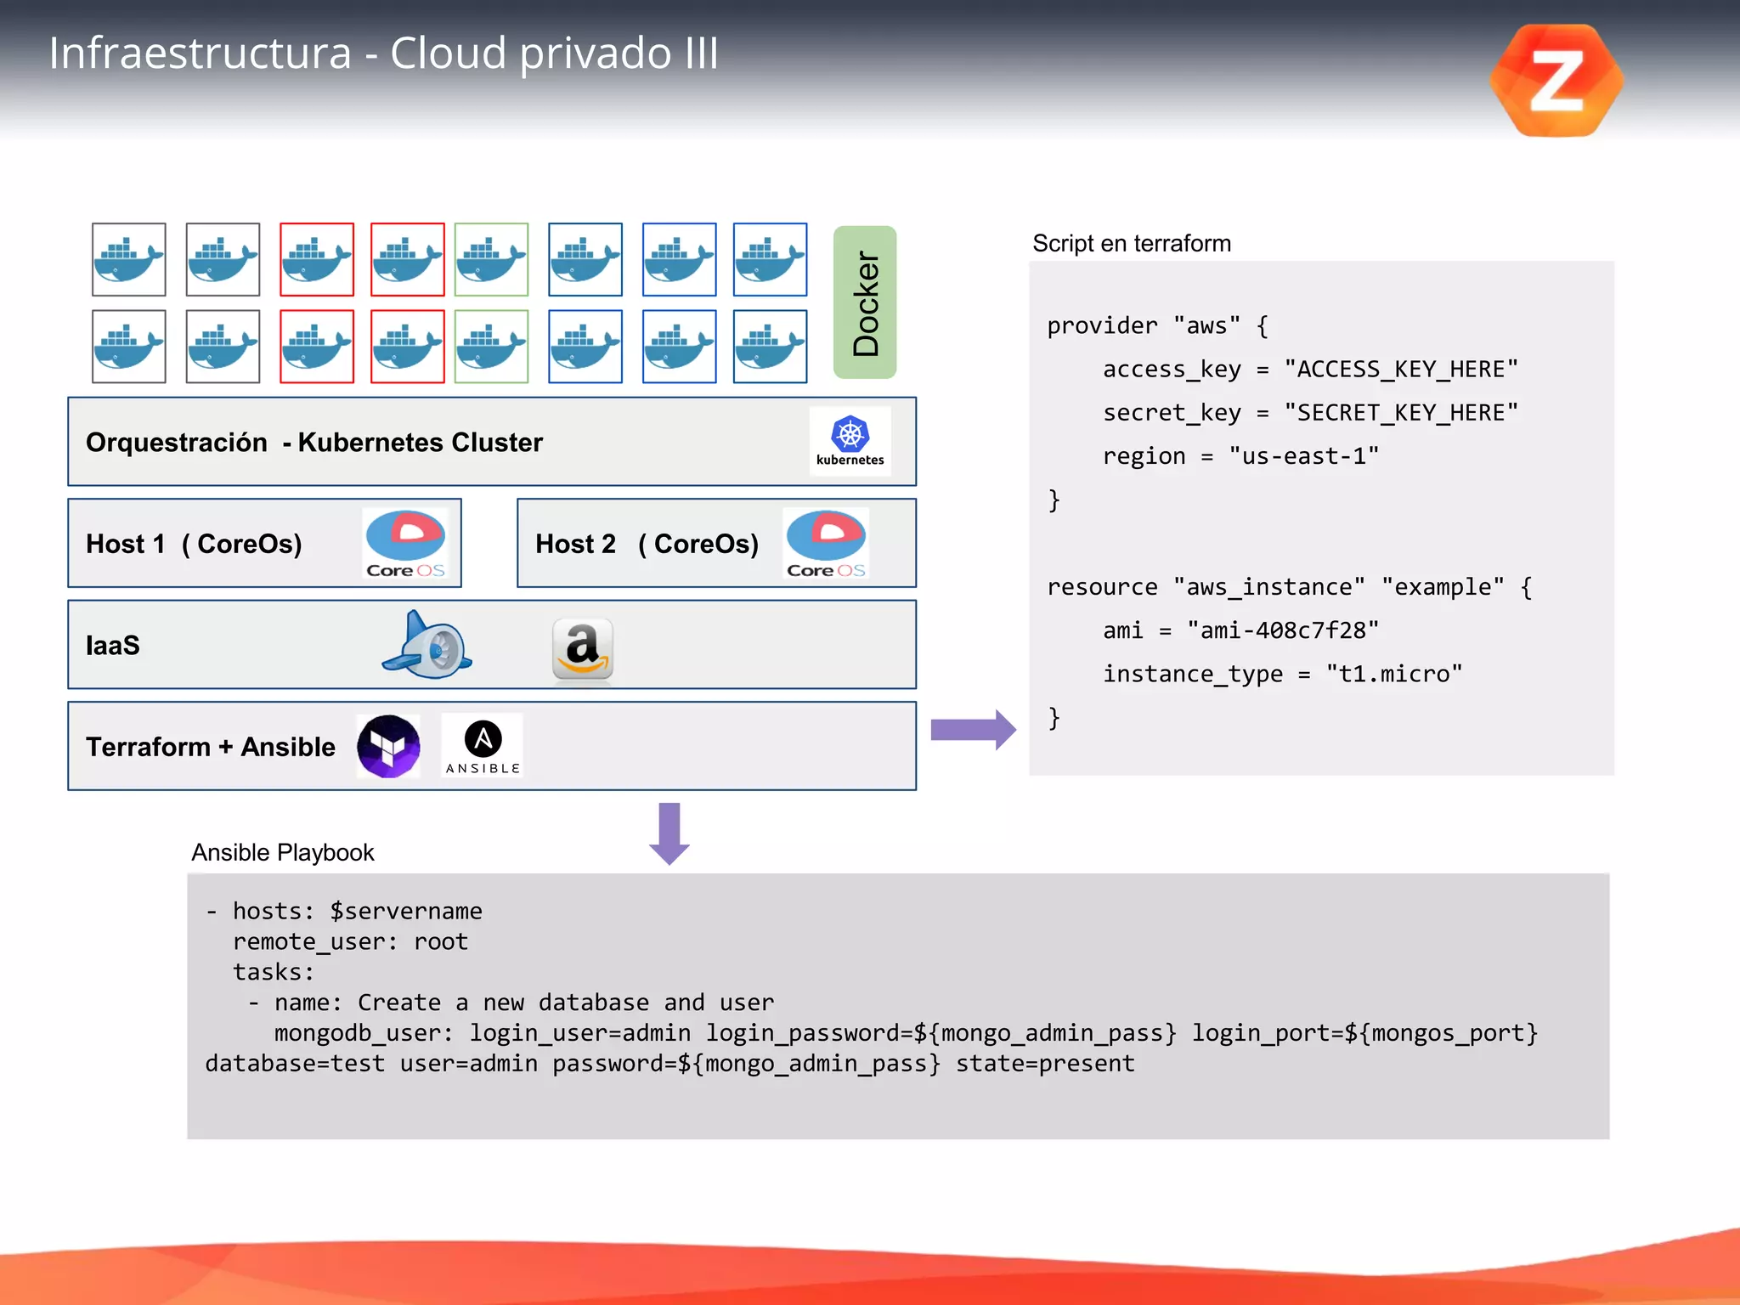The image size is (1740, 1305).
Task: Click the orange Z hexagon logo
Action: coord(1556,81)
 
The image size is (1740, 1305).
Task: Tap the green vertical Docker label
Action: coord(865,302)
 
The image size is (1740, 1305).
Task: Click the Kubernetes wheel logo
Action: coord(850,435)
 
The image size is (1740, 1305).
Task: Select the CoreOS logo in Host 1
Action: coord(405,542)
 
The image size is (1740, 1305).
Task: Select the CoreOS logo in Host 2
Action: coord(826,542)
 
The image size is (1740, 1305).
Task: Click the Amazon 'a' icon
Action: coord(583,649)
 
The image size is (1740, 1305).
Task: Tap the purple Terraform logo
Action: coord(388,746)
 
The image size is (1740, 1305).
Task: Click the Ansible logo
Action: coord(483,745)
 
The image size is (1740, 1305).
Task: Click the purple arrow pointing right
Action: coord(973,730)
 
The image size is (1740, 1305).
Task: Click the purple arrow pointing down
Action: coord(669,833)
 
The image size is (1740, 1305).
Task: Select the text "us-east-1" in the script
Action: coord(1303,456)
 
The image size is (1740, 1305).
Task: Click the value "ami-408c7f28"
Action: coord(1283,630)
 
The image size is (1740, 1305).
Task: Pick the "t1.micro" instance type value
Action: coord(1394,674)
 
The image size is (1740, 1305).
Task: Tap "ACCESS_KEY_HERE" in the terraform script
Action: coord(1401,369)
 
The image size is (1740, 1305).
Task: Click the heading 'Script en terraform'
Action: coord(1131,244)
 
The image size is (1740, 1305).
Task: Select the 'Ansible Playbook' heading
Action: coord(282,852)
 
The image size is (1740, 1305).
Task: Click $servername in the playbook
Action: coord(405,911)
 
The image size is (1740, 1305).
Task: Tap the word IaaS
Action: coord(113,646)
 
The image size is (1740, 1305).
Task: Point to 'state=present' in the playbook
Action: coord(1045,1064)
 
